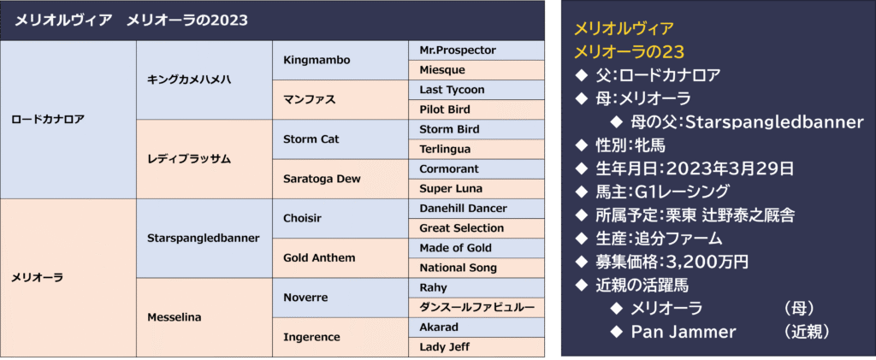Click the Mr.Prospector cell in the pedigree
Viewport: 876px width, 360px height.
pyautogui.click(x=476, y=50)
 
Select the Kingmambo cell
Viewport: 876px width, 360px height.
pyautogui.click(x=340, y=60)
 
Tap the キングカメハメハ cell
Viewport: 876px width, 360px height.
pyautogui.click(x=204, y=80)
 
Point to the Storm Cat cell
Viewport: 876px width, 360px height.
pyautogui.click(x=340, y=139)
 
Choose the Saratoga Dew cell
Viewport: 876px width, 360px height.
pyautogui.click(x=340, y=180)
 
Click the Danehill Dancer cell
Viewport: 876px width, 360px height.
pyautogui.click(x=476, y=209)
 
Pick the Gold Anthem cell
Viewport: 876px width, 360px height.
pyautogui.click(x=340, y=258)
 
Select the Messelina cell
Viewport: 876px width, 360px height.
pyautogui.click(x=204, y=317)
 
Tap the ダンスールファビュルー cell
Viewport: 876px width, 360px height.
pyautogui.click(x=476, y=308)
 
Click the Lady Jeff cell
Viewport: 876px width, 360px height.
pyautogui.click(x=476, y=347)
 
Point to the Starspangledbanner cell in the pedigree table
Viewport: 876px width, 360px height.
pyautogui.click(x=204, y=239)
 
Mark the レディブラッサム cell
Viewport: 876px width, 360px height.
pyautogui.click(x=204, y=159)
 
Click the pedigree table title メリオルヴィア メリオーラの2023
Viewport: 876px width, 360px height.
pyautogui.click(x=131, y=21)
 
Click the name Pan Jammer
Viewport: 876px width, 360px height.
pyautogui.click(x=684, y=332)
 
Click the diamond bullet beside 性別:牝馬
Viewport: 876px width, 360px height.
pyautogui.click(x=582, y=145)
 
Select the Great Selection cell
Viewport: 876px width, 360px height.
pyautogui.click(x=476, y=228)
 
